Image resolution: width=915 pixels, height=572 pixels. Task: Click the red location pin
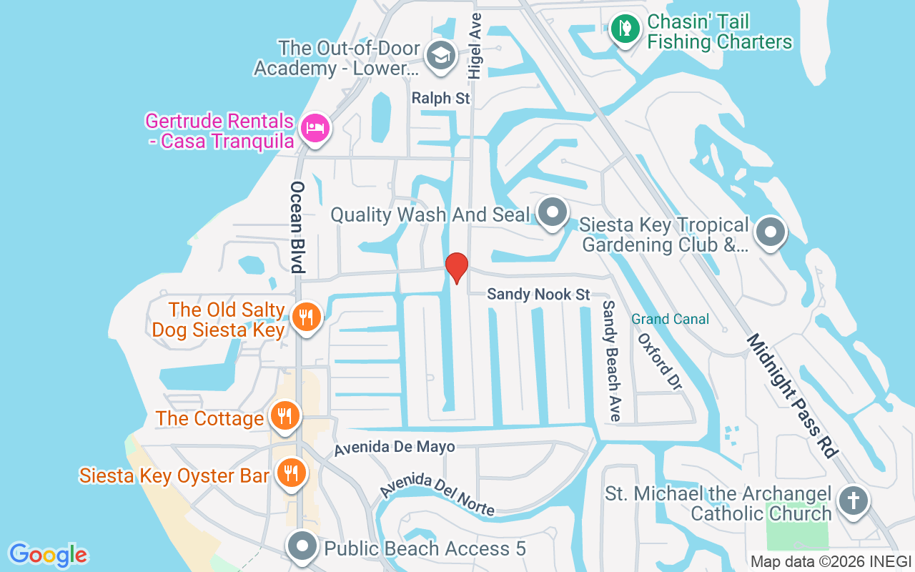pyautogui.click(x=457, y=267)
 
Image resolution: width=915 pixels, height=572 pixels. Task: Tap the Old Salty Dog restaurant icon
pyautogui.click(x=307, y=315)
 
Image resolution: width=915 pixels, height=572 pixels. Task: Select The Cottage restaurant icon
pyautogui.click(x=285, y=415)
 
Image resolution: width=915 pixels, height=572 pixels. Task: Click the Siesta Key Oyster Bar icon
pyautogui.click(x=291, y=473)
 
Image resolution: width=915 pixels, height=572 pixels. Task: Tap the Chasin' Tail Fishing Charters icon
pyautogui.click(x=625, y=29)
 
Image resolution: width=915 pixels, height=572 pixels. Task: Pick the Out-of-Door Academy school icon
pyautogui.click(x=441, y=55)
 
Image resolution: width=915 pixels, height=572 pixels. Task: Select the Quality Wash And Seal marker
pyautogui.click(x=552, y=212)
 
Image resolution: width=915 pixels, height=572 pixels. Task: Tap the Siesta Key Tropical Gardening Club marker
pyautogui.click(x=771, y=232)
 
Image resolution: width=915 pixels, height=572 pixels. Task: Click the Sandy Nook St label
pyautogui.click(x=538, y=295)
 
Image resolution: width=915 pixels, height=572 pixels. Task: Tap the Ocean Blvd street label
pyautogui.click(x=298, y=227)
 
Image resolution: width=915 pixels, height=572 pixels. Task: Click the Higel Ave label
pyautogui.click(x=475, y=44)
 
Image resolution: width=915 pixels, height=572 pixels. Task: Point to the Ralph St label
pyautogui.click(x=441, y=98)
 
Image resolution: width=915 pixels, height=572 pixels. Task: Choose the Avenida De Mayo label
pyautogui.click(x=395, y=448)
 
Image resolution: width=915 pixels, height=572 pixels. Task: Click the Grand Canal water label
pyautogui.click(x=670, y=319)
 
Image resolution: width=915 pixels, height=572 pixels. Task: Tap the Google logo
pyautogui.click(x=48, y=555)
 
